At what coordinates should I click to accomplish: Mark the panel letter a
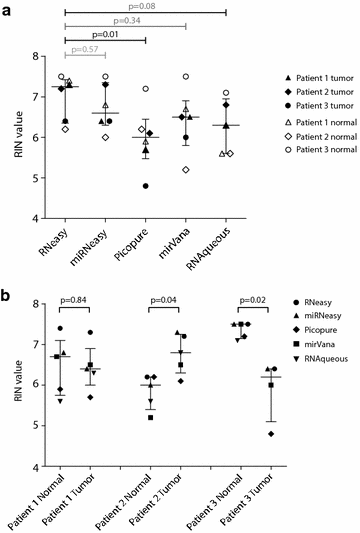point(8,7)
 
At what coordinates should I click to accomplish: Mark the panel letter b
point(8,297)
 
